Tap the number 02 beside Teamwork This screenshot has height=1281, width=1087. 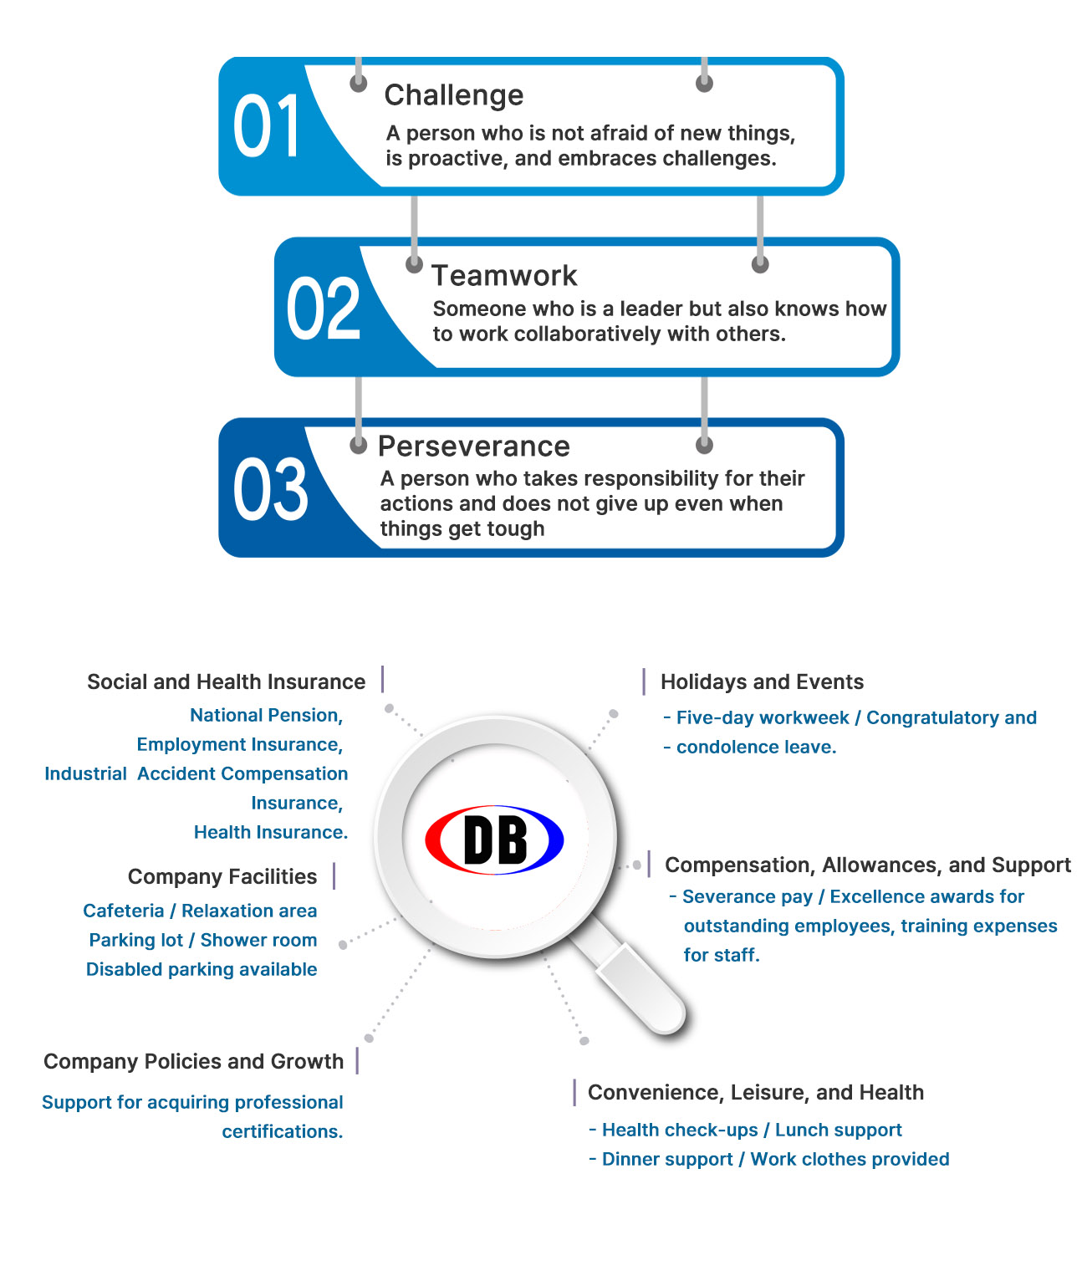tap(323, 308)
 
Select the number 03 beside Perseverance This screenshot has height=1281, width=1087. tap(270, 489)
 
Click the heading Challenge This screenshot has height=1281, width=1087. tap(454, 95)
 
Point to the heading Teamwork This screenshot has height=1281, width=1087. tap(504, 275)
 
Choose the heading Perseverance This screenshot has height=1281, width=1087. tap(473, 447)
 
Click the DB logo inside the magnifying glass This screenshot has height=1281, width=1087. tap(494, 840)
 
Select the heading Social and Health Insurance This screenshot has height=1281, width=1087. tap(227, 681)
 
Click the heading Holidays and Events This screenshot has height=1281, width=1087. tap(762, 681)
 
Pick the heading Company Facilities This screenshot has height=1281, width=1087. tap(222, 876)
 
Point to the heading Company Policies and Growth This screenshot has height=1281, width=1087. tap(193, 1061)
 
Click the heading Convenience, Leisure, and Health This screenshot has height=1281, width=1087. tap(755, 1092)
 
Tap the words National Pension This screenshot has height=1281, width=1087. tap(266, 715)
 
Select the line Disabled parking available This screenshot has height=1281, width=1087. tap(202, 969)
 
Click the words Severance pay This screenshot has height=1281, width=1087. tap(748, 896)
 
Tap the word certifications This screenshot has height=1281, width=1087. tap(283, 1131)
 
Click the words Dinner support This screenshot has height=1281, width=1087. tap(667, 1159)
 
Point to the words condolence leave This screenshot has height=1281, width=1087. tap(756, 747)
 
